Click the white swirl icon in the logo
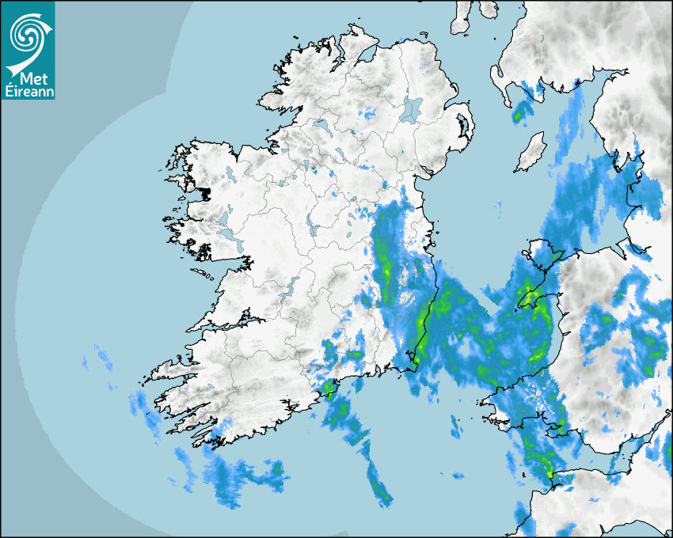pos(27,33)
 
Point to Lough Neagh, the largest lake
pos(411,108)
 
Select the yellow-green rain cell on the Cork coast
pos(327,388)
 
